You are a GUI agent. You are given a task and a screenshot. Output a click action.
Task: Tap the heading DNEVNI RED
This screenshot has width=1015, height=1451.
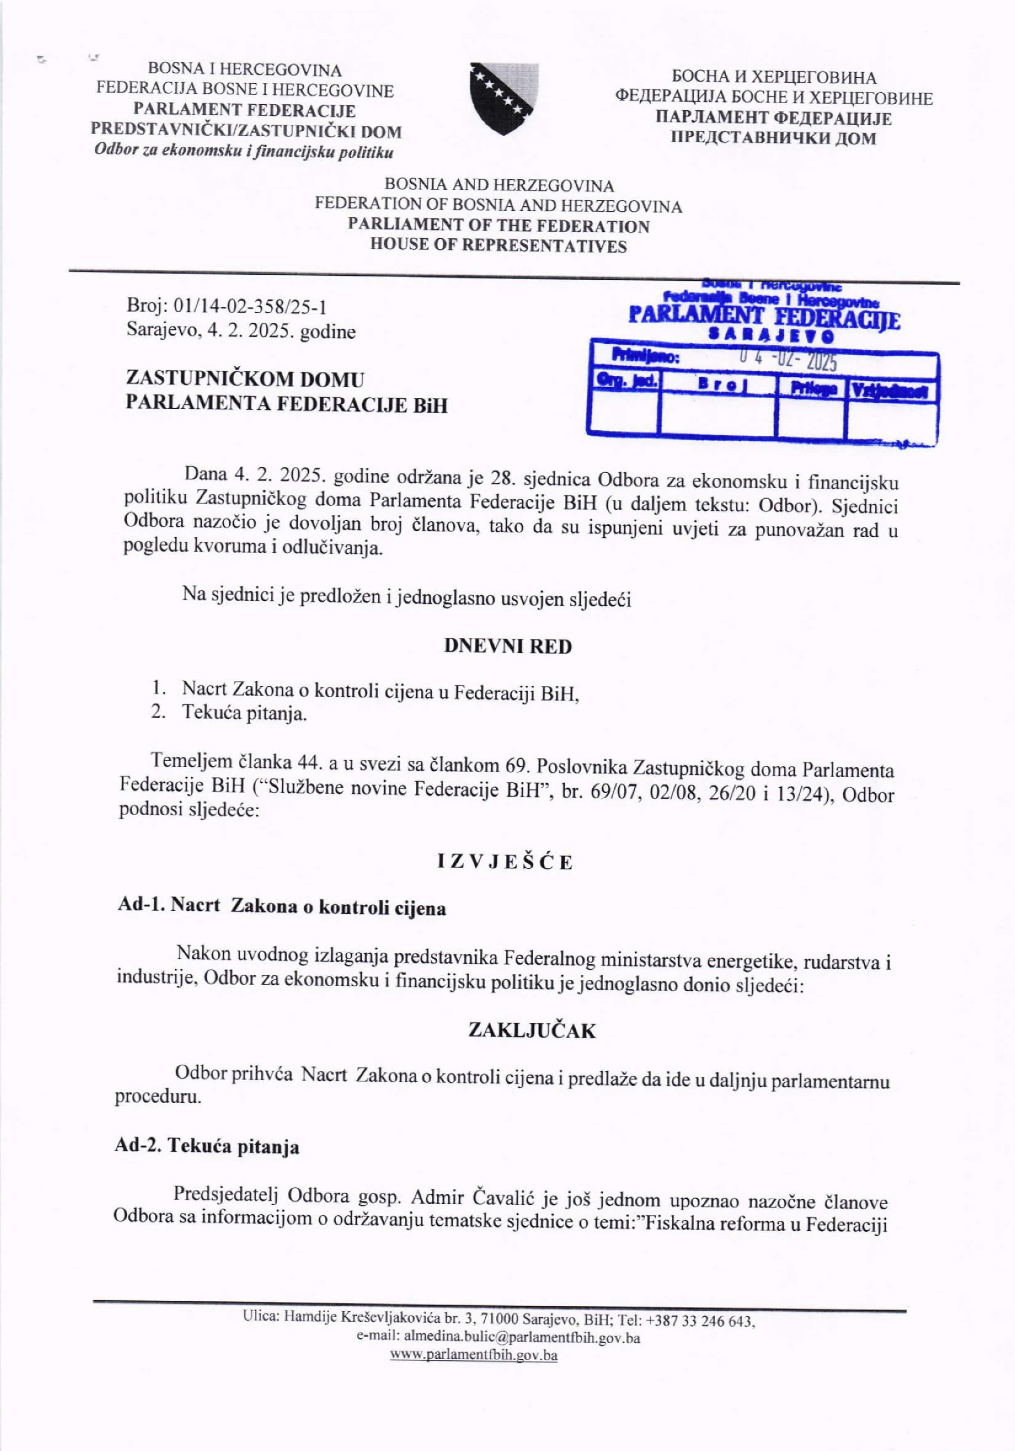click(x=508, y=646)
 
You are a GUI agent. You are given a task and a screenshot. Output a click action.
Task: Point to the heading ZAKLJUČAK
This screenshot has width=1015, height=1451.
click(x=531, y=1031)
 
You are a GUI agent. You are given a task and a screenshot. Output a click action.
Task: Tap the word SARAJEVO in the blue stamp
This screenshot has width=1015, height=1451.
click(x=764, y=335)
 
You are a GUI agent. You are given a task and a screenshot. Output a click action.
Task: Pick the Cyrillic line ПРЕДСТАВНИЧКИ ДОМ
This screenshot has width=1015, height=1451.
click(x=773, y=138)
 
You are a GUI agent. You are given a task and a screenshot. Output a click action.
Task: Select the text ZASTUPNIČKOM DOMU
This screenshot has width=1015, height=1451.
click(x=245, y=380)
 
